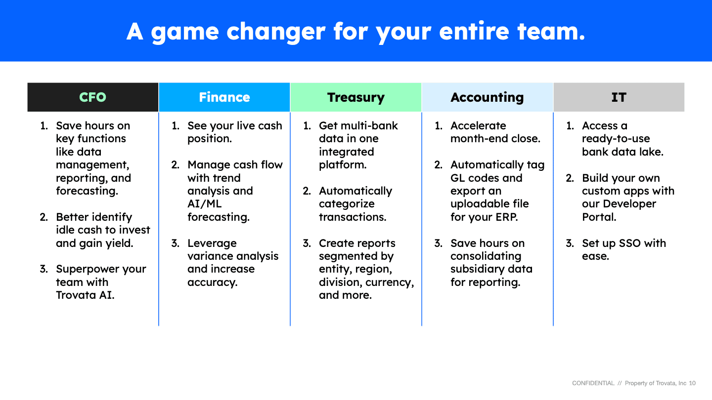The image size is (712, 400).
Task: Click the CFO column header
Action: (x=93, y=97)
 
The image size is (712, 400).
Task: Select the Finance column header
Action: (x=224, y=97)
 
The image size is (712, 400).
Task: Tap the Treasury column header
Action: (x=356, y=97)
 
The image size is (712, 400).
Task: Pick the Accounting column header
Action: (x=488, y=97)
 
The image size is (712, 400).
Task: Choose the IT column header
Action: (x=619, y=97)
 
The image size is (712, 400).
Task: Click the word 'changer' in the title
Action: (x=276, y=32)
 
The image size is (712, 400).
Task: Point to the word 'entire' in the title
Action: (x=474, y=31)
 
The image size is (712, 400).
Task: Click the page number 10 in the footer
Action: (x=692, y=383)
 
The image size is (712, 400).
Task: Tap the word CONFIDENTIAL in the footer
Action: (x=593, y=383)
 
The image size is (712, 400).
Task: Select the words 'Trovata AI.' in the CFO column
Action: (x=85, y=295)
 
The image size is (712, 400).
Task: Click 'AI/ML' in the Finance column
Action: (x=204, y=204)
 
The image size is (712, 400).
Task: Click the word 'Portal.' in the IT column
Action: (x=599, y=217)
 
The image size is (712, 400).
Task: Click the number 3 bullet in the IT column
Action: (x=570, y=243)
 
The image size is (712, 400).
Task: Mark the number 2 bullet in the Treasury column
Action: (x=307, y=191)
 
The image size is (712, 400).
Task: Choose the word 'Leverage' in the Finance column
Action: (x=212, y=243)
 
